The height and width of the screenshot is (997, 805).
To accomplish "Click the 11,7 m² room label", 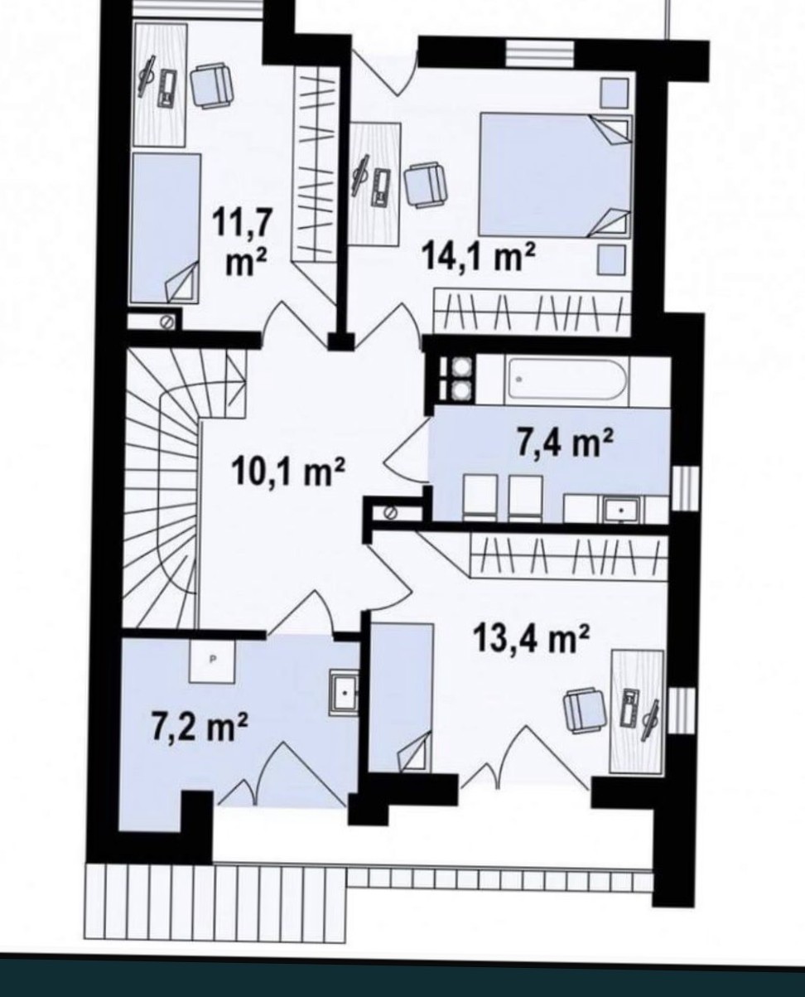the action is [243, 243].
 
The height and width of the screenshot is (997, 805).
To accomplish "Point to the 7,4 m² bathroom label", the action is [565, 443].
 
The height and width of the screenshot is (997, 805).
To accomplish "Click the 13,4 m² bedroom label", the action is [532, 638].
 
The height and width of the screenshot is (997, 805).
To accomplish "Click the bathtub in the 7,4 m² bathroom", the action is [567, 380].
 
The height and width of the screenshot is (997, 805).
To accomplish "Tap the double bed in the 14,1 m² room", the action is [556, 174].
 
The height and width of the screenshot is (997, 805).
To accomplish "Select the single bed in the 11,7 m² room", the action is [165, 229].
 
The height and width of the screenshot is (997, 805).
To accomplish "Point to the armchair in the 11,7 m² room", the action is [211, 86].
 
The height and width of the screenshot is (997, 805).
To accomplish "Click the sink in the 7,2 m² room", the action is [345, 694].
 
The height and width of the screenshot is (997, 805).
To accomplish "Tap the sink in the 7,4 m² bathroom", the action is [621, 509].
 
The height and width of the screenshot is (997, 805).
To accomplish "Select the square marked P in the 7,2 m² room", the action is [212, 661].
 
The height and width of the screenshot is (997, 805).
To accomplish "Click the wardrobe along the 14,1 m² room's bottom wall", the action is [533, 312].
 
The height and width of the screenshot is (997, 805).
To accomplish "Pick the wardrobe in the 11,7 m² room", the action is [316, 166].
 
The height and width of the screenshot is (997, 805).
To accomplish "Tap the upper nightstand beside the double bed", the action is [614, 93].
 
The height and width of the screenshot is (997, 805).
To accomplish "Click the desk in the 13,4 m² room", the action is [637, 712].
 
